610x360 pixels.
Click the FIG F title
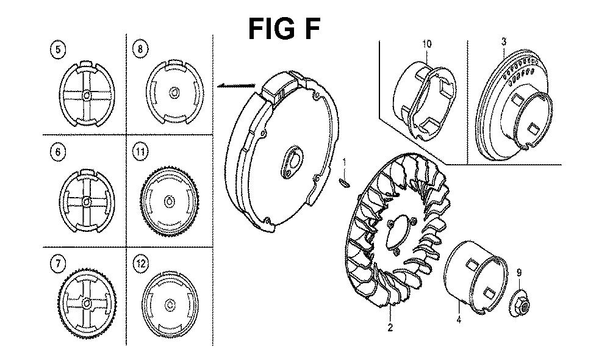click(284, 29)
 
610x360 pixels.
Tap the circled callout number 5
click(59, 50)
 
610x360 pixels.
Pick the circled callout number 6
click(58, 152)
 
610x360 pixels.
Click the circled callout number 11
click(140, 151)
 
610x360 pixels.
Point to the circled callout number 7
click(58, 264)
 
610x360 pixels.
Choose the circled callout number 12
click(140, 264)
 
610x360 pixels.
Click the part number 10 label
click(427, 43)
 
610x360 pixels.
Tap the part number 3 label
click(504, 41)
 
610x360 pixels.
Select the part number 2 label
click(390, 327)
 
